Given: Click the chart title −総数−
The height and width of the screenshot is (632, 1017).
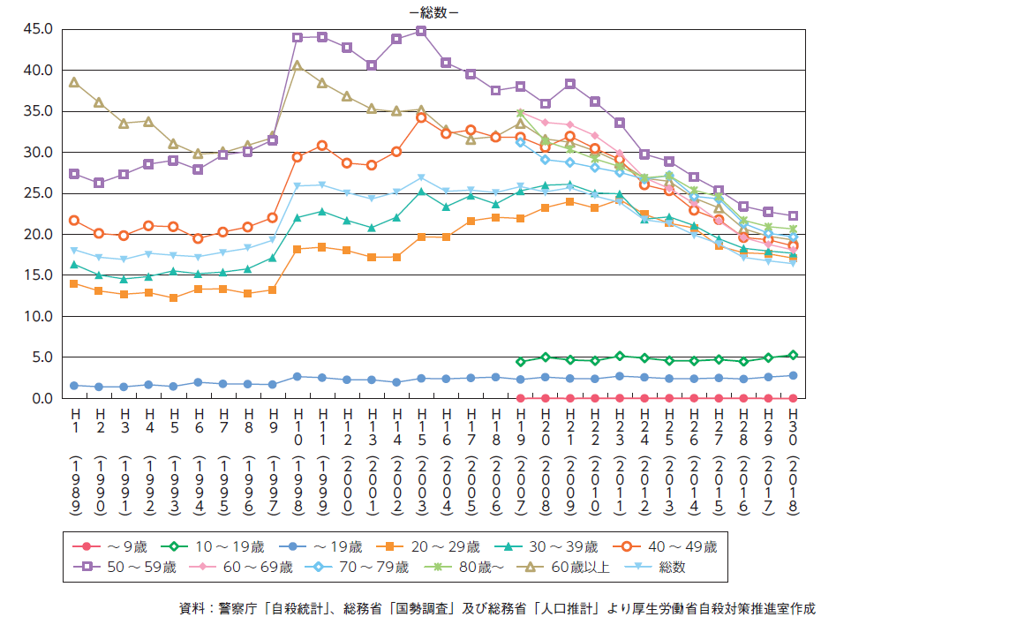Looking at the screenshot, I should point(433,12).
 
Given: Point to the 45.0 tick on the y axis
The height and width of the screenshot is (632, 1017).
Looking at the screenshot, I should point(41,29).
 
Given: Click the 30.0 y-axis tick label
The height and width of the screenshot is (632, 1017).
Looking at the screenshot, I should point(41,152).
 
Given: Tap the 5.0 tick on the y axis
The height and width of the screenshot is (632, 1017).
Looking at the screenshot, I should point(44,357).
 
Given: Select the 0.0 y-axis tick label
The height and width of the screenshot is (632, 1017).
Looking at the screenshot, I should point(44,398).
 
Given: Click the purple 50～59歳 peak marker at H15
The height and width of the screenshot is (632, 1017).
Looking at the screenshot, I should point(421,31).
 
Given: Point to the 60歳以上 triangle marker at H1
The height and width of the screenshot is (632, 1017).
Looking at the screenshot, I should point(74,82).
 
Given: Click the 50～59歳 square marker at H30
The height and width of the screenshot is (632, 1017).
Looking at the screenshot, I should point(793,216).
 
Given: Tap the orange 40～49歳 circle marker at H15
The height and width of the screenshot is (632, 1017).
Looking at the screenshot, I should point(421,117).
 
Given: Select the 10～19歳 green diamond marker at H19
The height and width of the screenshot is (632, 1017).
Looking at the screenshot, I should point(521,362).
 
